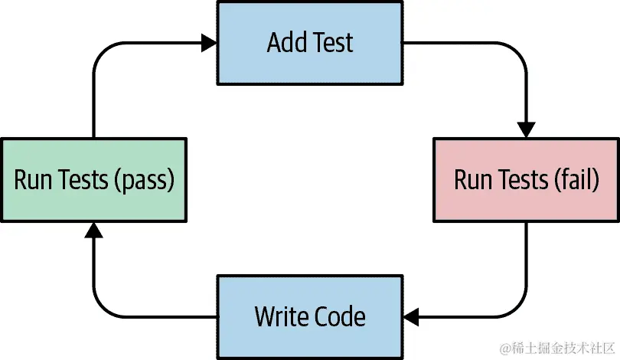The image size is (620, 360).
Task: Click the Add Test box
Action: click(310, 42)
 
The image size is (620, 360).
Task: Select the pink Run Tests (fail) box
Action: click(526, 180)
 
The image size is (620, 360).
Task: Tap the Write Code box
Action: click(310, 316)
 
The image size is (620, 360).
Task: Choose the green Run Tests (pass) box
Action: click(93, 180)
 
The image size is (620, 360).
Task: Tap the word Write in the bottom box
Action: click(281, 316)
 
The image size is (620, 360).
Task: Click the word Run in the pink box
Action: click(472, 180)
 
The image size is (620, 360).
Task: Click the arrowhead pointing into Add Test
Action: click(209, 44)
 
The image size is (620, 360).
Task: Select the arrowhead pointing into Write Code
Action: click(412, 316)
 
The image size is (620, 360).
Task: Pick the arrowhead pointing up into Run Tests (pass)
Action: click(93, 231)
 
